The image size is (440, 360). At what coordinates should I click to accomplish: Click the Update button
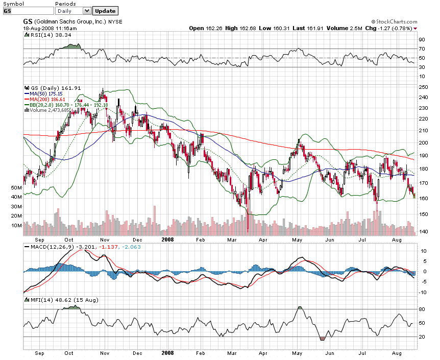click(106, 11)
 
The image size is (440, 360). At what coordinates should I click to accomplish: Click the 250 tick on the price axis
click(423, 87)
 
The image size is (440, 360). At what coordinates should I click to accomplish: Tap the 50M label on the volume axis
click(16, 188)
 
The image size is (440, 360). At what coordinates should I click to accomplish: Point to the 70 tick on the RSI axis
click(422, 49)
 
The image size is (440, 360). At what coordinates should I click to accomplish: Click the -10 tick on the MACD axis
click(423, 293)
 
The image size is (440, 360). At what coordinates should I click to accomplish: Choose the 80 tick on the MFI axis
click(422, 309)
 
